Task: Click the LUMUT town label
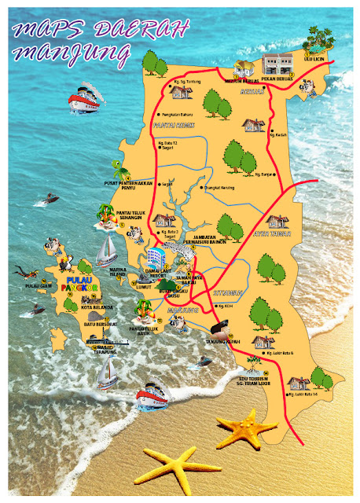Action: tap(143, 288)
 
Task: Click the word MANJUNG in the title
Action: tap(77, 53)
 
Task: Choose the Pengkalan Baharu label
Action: tap(180, 115)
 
